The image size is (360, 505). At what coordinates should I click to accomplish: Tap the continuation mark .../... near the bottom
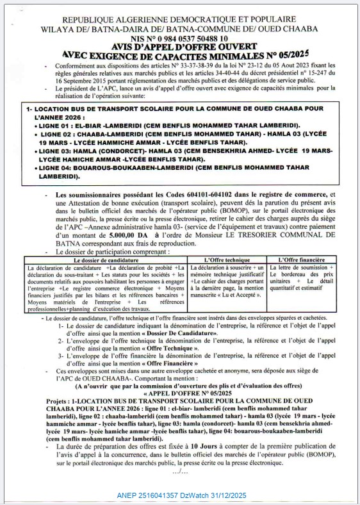[181, 472]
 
